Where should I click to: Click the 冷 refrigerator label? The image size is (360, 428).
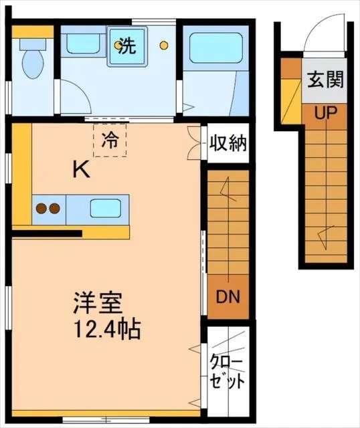(110, 140)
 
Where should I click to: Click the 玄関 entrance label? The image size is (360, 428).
(326, 81)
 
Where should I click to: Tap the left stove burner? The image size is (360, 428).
(41, 208)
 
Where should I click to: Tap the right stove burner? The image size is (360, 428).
(54, 208)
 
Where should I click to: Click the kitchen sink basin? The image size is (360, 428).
(104, 208)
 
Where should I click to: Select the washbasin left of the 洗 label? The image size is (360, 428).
(81, 45)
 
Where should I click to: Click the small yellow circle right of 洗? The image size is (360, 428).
(163, 45)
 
